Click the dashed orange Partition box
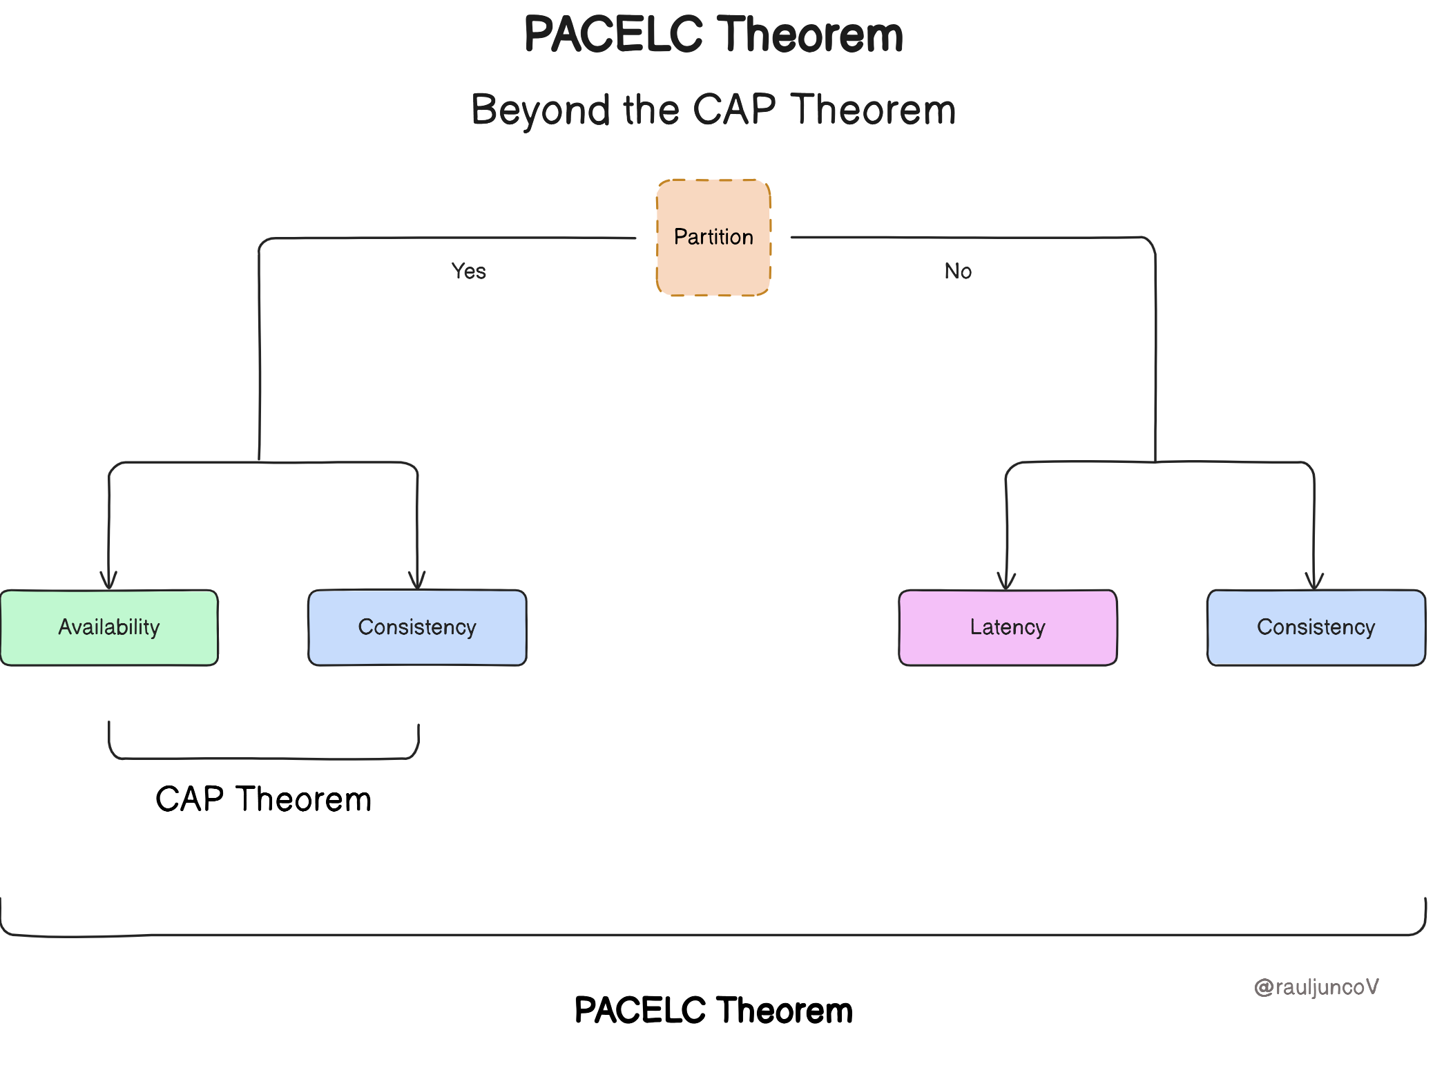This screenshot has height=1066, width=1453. pos(713,237)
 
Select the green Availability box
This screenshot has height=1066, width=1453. pos(109,627)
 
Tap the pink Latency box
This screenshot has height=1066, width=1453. pos(1008,627)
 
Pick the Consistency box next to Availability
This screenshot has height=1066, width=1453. pos(417,627)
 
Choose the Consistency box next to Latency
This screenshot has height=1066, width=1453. pos(1316,627)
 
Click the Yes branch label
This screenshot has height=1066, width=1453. pos(468,271)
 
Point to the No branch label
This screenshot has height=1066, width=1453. pos(958,271)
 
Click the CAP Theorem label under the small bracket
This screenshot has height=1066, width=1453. pos(263,799)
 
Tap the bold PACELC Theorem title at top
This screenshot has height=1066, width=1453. pos(713,35)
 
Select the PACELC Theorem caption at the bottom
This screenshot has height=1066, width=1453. pos(713,1010)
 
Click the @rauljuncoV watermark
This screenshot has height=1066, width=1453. pos(1316,987)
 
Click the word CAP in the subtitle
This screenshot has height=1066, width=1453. pos(734,110)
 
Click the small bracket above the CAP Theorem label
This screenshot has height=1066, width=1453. pos(263,758)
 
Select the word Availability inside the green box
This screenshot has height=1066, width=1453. pos(109,627)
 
